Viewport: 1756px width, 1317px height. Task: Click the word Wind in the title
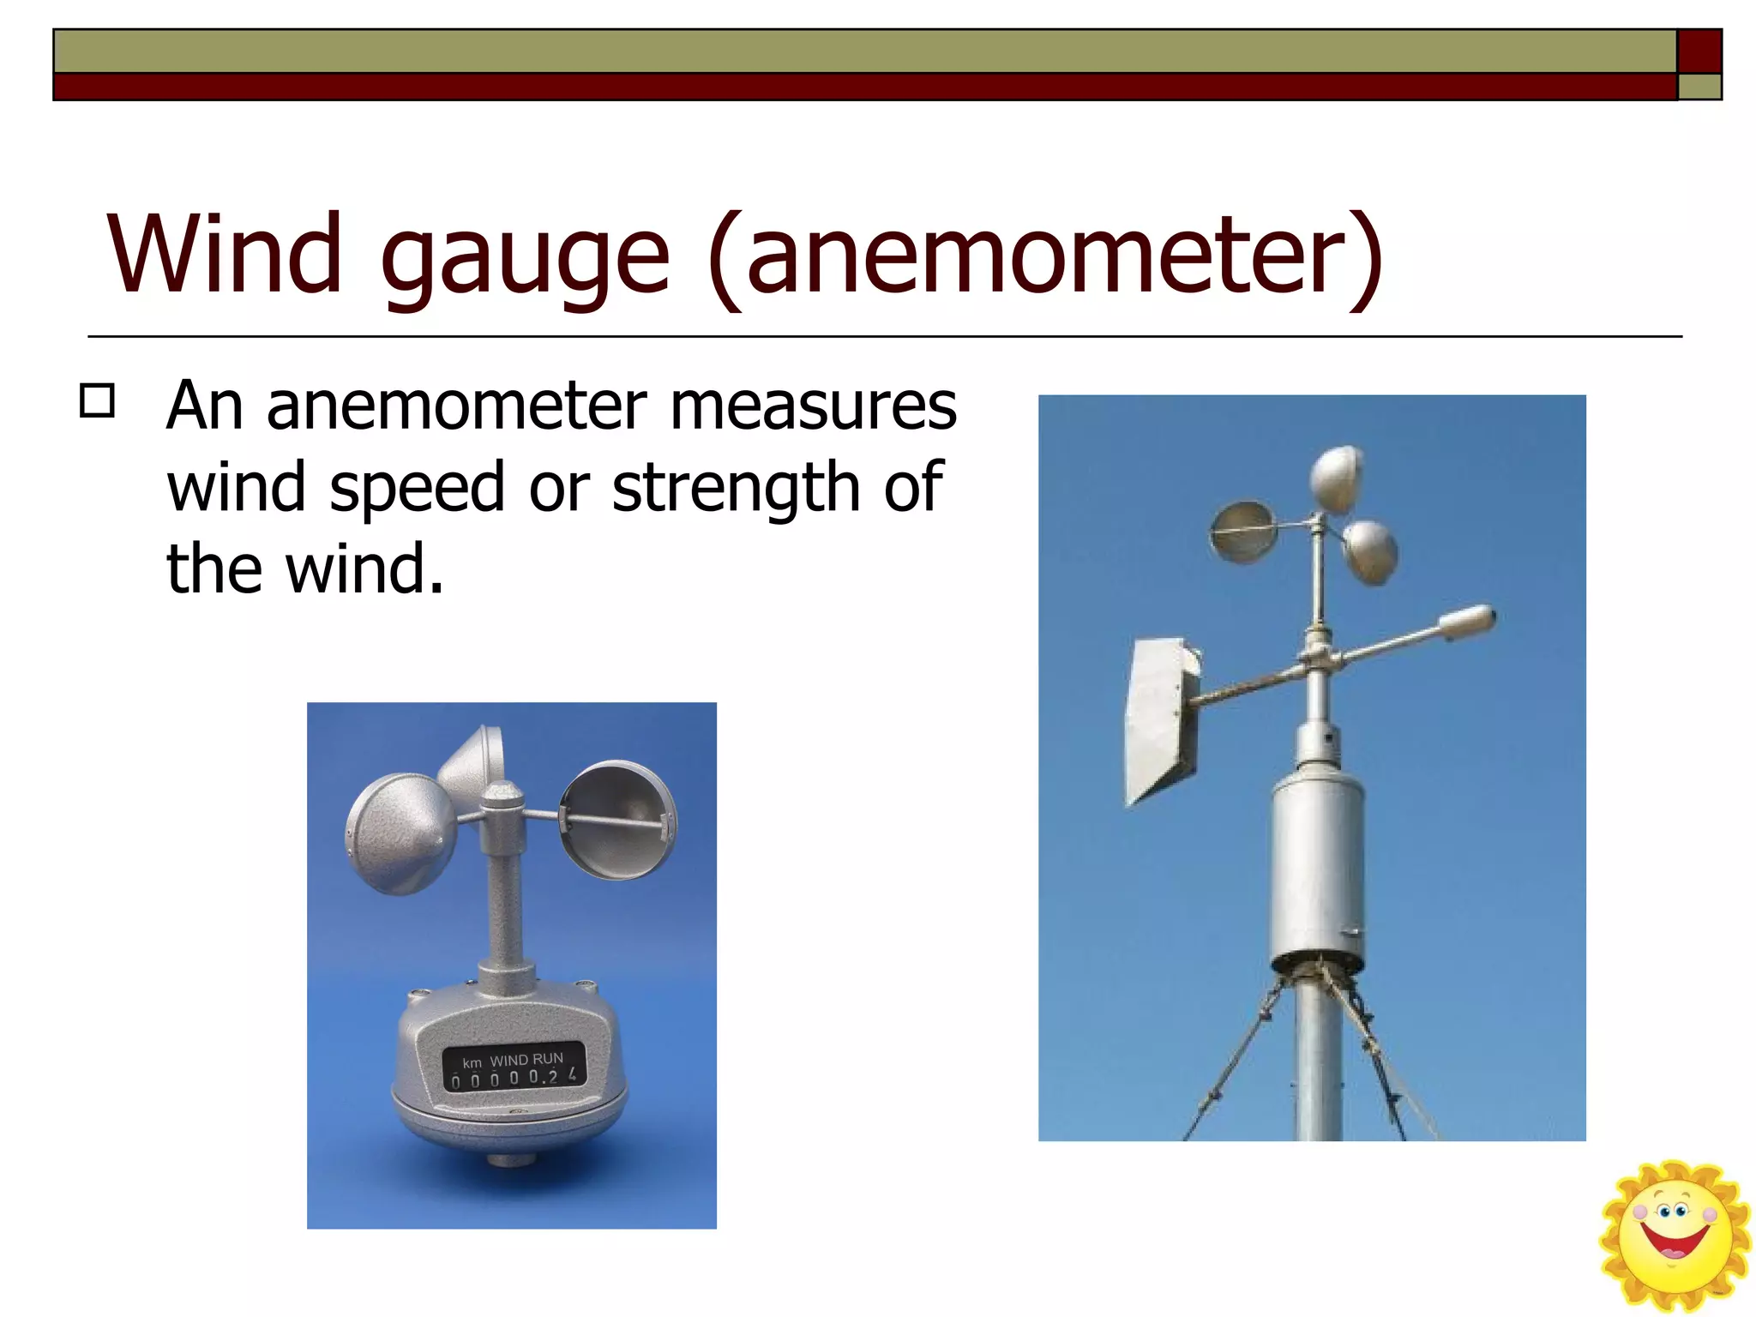225,254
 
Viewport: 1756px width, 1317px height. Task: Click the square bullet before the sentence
97,400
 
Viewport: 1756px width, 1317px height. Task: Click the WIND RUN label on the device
526,1060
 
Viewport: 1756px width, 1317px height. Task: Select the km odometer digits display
514,1077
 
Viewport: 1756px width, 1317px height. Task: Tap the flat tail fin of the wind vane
1161,720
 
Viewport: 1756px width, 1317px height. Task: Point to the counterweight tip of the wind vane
1468,622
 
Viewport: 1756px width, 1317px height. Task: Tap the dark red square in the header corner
1699,51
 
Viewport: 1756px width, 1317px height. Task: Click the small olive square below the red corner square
1699,87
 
